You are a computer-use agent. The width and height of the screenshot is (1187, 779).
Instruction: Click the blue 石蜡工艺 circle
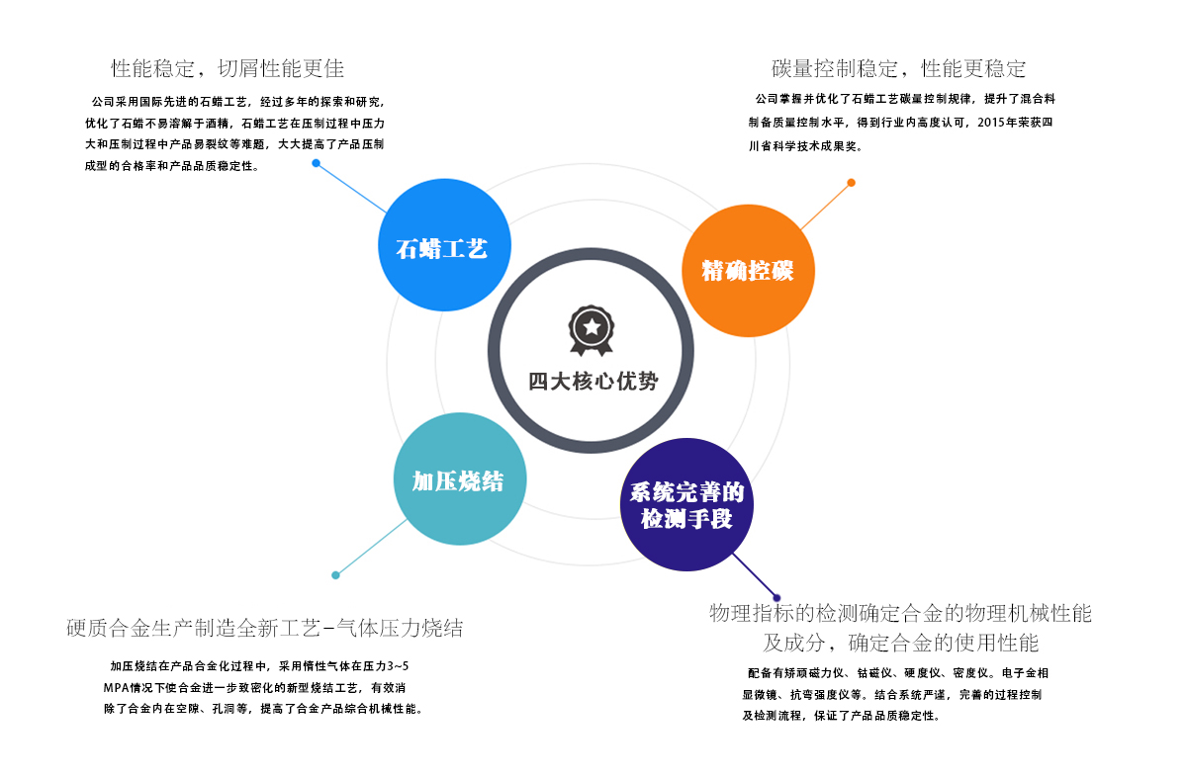444,246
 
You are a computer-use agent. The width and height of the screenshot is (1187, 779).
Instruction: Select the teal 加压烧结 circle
459,480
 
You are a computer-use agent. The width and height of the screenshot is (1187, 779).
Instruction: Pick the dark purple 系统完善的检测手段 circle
686,504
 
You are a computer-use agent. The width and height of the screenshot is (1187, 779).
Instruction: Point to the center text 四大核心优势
592,382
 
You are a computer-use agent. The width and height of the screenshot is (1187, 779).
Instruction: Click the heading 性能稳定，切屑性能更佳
228,69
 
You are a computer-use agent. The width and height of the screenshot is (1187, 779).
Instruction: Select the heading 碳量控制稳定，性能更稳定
898,69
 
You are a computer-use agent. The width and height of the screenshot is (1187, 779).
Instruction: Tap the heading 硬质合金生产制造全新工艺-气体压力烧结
264,629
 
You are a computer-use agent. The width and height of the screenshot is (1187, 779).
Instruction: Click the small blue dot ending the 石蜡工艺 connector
316,163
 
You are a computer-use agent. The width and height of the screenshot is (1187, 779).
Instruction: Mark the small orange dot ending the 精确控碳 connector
851,183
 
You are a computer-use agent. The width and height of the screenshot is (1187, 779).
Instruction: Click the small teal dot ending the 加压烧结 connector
336,574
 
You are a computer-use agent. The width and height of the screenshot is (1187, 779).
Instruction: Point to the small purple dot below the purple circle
776,597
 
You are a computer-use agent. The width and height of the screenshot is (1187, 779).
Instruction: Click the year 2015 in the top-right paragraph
989,124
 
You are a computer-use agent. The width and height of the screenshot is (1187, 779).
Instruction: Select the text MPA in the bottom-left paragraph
117,687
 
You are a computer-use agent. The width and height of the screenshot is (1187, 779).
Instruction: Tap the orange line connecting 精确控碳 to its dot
826,206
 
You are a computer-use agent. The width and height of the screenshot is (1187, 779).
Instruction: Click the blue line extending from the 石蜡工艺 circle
351,188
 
